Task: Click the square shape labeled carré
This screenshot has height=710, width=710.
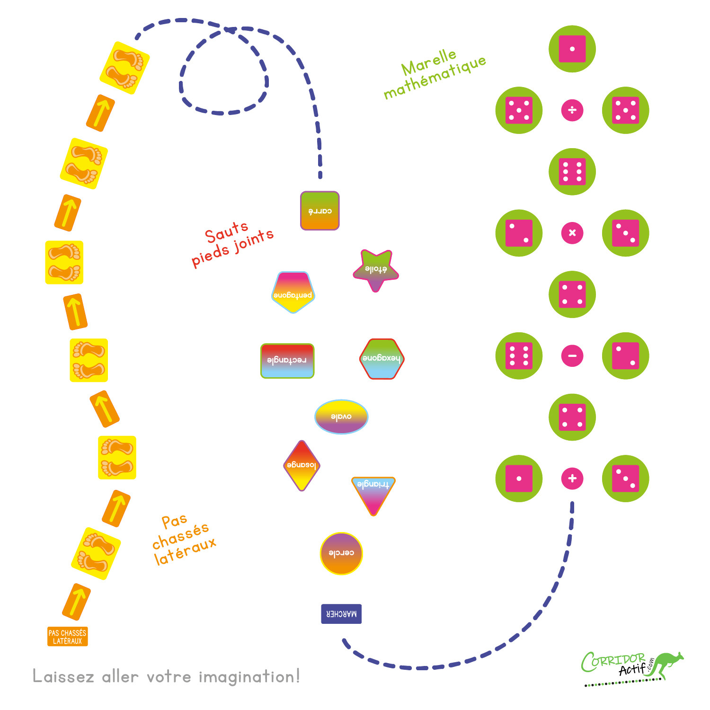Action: click(x=320, y=211)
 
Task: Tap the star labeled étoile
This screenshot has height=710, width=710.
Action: click(x=376, y=270)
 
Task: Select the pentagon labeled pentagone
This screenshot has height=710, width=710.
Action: click(x=293, y=293)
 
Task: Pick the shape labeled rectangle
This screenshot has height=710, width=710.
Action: click(x=287, y=361)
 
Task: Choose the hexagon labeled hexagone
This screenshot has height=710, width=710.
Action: click(x=382, y=359)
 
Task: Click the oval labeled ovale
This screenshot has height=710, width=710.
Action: click(x=341, y=417)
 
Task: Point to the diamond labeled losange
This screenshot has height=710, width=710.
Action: click(x=302, y=465)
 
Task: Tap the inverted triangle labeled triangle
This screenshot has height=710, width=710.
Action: click(x=373, y=492)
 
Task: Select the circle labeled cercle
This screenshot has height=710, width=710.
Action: click(x=341, y=553)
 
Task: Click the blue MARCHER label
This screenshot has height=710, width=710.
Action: click(x=341, y=614)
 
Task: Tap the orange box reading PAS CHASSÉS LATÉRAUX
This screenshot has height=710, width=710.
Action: click(x=68, y=637)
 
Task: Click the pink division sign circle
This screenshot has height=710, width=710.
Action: click(x=572, y=110)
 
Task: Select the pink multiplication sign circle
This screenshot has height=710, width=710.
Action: click(x=572, y=233)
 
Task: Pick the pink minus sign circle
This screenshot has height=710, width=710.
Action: click(x=572, y=355)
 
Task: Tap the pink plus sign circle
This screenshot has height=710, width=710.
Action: click(x=572, y=479)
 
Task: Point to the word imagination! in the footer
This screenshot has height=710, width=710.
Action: click(x=249, y=677)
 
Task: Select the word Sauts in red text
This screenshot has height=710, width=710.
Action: click(x=226, y=232)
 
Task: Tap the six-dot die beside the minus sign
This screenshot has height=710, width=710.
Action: click(x=519, y=355)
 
